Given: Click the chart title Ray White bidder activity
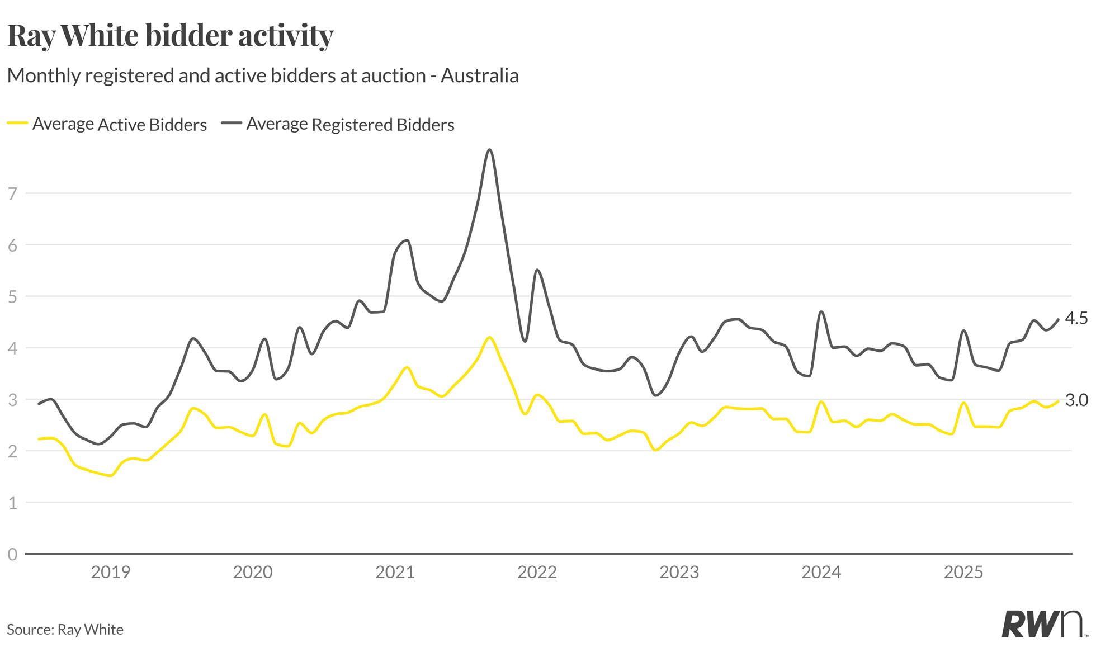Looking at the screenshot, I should (x=170, y=36).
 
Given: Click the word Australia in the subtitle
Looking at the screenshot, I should (x=479, y=75).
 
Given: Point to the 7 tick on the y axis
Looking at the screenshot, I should (x=12, y=193).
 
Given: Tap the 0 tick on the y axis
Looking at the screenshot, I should (x=12, y=554).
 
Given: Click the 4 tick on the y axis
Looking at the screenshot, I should (x=12, y=348).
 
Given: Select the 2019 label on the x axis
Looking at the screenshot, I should (x=110, y=572).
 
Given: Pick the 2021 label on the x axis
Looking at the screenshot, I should (x=395, y=572).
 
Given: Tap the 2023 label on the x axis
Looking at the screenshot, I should (x=679, y=572).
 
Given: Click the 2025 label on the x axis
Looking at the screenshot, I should (x=963, y=572).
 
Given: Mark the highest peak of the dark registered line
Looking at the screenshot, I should (x=490, y=150).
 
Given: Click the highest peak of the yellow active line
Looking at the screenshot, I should (x=490, y=337).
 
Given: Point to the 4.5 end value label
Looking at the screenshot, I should (x=1076, y=319).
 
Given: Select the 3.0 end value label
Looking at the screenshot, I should (x=1076, y=400).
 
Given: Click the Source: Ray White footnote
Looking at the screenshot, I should (x=65, y=630).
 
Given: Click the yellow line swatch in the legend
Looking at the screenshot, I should (x=17, y=124).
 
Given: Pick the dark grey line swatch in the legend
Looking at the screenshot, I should (x=232, y=124).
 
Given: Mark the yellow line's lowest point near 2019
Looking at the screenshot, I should (x=111, y=476).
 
